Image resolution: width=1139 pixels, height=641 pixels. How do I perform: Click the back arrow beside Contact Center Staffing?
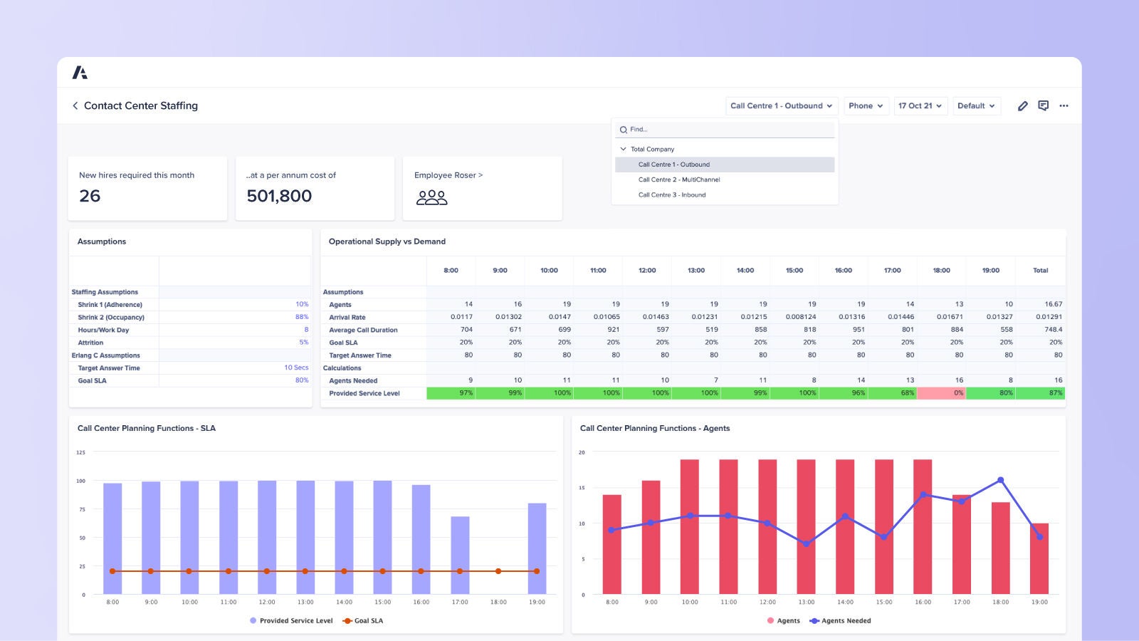coord(75,105)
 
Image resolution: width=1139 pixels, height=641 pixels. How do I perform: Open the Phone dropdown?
coord(866,105)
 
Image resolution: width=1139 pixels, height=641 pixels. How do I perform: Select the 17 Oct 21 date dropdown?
coord(920,105)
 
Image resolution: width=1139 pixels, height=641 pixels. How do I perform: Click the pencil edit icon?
coord(1022,105)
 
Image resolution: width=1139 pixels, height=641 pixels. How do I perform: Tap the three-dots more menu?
coord(1064,105)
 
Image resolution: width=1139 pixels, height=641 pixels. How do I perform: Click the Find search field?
coord(726,130)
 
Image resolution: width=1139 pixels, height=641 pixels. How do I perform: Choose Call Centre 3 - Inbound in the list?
coord(672,194)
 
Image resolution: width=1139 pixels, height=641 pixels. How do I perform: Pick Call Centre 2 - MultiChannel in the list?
coord(679,179)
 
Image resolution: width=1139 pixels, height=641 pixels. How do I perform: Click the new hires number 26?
coord(90,196)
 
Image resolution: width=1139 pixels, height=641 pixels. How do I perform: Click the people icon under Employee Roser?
coord(431,197)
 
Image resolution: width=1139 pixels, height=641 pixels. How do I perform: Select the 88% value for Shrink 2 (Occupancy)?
coord(302,317)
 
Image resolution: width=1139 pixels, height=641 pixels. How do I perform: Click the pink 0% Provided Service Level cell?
coord(941,393)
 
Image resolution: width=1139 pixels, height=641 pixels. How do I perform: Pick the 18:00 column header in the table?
coord(941,271)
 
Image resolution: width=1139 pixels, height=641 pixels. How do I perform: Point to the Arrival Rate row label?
coord(347,318)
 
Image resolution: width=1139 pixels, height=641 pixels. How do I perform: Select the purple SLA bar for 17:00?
coord(460,555)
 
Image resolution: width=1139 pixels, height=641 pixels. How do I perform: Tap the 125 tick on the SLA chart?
coord(80,452)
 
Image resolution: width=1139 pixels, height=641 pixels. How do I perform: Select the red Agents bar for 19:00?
coord(1039,558)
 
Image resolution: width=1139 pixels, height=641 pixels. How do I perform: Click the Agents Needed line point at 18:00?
coord(1000,480)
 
